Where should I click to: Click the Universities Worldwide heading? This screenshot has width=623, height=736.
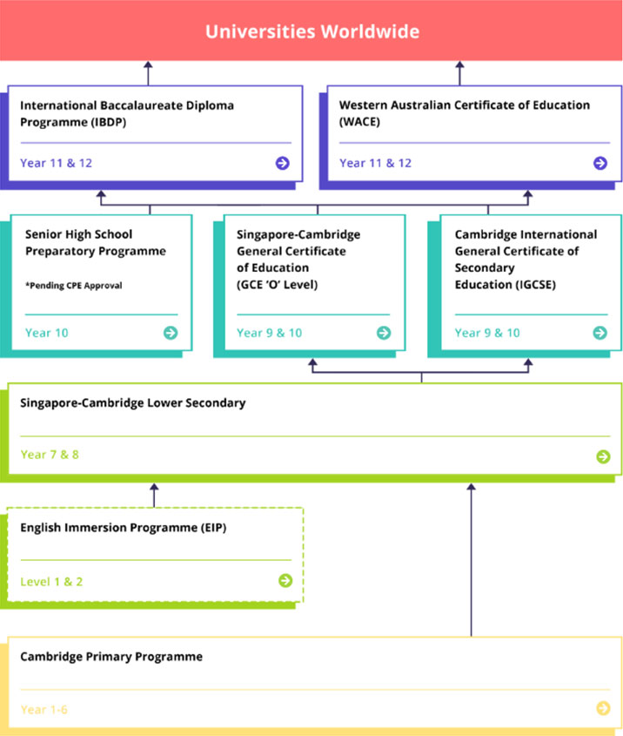click(312, 31)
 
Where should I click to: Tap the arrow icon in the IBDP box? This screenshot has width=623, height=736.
click(282, 163)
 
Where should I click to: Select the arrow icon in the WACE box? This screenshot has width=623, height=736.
click(600, 163)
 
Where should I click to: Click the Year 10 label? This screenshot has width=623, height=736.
click(46, 333)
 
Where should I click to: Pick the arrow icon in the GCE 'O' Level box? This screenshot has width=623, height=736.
click(384, 333)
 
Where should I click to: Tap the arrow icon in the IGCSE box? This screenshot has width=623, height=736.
click(600, 333)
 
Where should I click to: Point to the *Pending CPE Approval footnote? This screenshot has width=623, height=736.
click(74, 286)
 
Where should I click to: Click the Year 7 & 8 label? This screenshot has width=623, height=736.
click(50, 455)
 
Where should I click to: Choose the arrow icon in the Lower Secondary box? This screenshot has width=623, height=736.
click(603, 456)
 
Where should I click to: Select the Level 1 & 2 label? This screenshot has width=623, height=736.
click(51, 582)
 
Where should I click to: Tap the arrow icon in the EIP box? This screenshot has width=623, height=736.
click(285, 581)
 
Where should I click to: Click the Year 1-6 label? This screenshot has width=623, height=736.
click(44, 709)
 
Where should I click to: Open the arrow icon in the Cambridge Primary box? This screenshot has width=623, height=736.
click(603, 708)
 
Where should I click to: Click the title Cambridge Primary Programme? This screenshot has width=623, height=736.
click(111, 656)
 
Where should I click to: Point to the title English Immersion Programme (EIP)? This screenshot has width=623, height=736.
click(123, 528)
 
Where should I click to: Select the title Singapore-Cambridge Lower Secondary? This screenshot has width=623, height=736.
click(132, 402)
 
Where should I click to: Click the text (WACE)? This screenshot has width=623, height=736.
click(359, 122)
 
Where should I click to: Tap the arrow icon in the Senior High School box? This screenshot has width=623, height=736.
click(171, 333)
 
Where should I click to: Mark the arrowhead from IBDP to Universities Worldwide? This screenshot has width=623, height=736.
click(148, 65)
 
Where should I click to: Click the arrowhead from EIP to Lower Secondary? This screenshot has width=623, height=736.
click(154, 488)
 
